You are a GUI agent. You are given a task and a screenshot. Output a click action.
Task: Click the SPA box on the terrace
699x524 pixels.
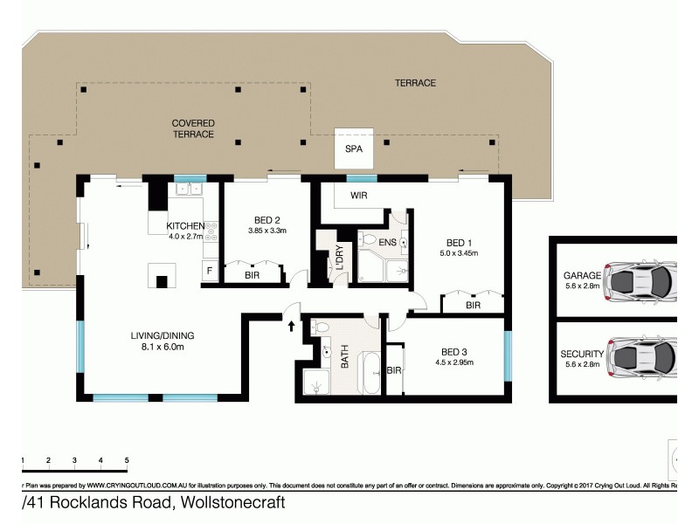click(x=354, y=149)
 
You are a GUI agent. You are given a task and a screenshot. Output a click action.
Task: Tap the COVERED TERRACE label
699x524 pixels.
click(x=193, y=128)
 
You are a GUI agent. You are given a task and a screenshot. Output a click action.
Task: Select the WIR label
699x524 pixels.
click(x=358, y=196)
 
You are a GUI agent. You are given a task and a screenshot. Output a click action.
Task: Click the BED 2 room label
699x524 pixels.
click(x=266, y=219)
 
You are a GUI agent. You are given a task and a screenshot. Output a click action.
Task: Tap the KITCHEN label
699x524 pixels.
click(x=184, y=225)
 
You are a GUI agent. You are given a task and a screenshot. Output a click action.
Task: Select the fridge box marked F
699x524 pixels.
click(x=209, y=271)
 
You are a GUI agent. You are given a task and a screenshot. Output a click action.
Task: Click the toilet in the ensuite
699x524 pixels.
click(x=369, y=239)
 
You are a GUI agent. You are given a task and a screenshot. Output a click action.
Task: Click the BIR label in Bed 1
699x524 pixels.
click(x=473, y=306)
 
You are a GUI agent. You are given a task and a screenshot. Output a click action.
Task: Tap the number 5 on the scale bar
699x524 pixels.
click(x=128, y=459)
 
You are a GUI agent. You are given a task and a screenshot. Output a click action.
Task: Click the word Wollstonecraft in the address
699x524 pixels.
click(x=233, y=504)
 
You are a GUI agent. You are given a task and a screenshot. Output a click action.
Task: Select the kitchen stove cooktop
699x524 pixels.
click(x=210, y=231)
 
